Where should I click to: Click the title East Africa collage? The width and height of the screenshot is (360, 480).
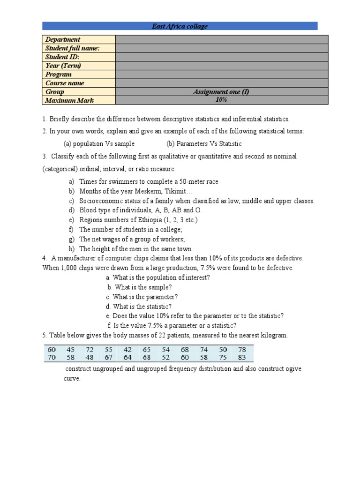(x=180, y=26)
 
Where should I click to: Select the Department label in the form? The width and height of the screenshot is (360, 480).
(x=63, y=40)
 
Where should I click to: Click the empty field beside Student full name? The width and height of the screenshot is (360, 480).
(x=221, y=48)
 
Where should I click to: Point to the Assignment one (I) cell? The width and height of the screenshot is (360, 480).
(x=221, y=92)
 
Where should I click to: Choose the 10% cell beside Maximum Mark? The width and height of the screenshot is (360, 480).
(x=221, y=100)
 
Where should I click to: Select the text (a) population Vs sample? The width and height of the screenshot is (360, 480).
(x=99, y=144)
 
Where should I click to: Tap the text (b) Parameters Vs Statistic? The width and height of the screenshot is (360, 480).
(x=204, y=144)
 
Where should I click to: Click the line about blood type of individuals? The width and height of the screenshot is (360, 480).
(x=140, y=210)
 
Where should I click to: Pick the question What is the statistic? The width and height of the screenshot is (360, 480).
(x=142, y=307)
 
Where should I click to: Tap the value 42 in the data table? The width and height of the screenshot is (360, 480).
(x=127, y=349)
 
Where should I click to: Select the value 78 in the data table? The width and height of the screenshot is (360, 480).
(x=242, y=349)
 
